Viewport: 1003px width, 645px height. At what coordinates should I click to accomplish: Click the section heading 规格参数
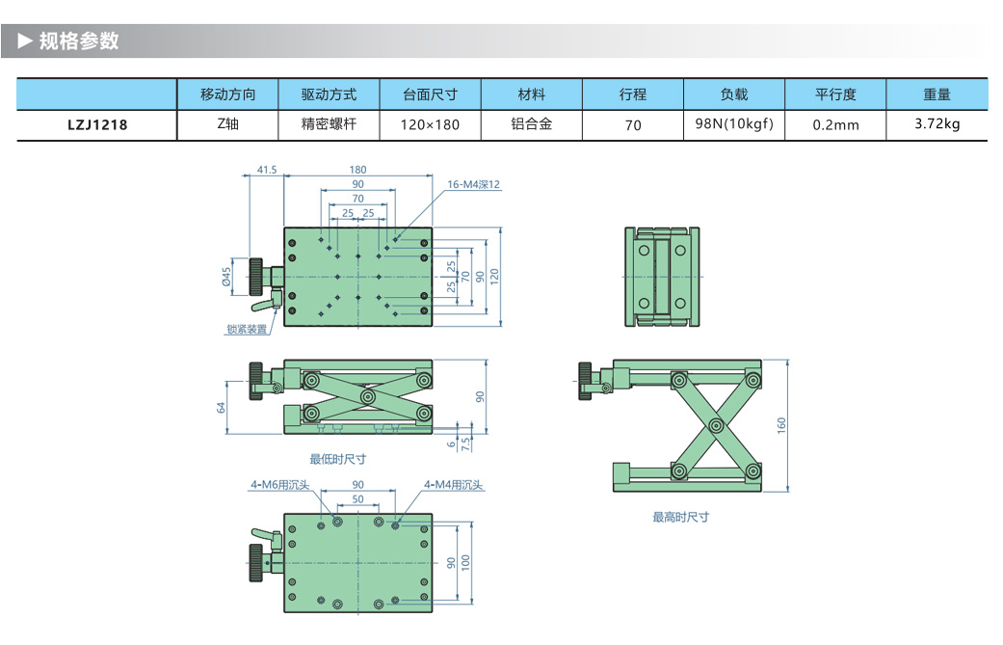[x=79, y=41]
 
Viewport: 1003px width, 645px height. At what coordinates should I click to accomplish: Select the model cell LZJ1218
[x=97, y=124]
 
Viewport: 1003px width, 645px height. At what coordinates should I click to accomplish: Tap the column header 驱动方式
[x=329, y=94]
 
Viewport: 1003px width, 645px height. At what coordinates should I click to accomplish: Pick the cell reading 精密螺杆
[x=329, y=123]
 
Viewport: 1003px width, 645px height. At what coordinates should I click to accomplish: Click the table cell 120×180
[x=430, y=124]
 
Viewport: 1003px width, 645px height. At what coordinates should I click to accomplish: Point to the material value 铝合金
[x=531, y=123]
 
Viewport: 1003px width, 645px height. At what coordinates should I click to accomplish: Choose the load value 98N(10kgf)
[x=734, y=123]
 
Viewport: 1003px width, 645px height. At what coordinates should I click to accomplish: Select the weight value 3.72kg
[x=937, y=123]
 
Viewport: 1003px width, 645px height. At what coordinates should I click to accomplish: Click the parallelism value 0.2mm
[x=835, y=124]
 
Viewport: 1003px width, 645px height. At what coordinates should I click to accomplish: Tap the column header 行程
[x=633, y=94]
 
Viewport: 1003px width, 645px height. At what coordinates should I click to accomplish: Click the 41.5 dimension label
[x=267, y=170]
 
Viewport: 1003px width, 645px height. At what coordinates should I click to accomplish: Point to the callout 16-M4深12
[x=474, y=184]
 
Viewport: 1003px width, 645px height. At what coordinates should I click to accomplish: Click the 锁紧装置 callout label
[x=247, y=330]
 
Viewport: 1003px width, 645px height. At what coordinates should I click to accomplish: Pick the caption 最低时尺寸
[x=337, y=459]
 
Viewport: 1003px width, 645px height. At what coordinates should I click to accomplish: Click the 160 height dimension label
[x=781, y=424]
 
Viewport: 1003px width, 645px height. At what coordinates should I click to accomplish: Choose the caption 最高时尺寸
[x=680, y=517]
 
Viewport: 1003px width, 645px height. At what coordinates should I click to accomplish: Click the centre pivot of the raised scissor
[x=715, y=425]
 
